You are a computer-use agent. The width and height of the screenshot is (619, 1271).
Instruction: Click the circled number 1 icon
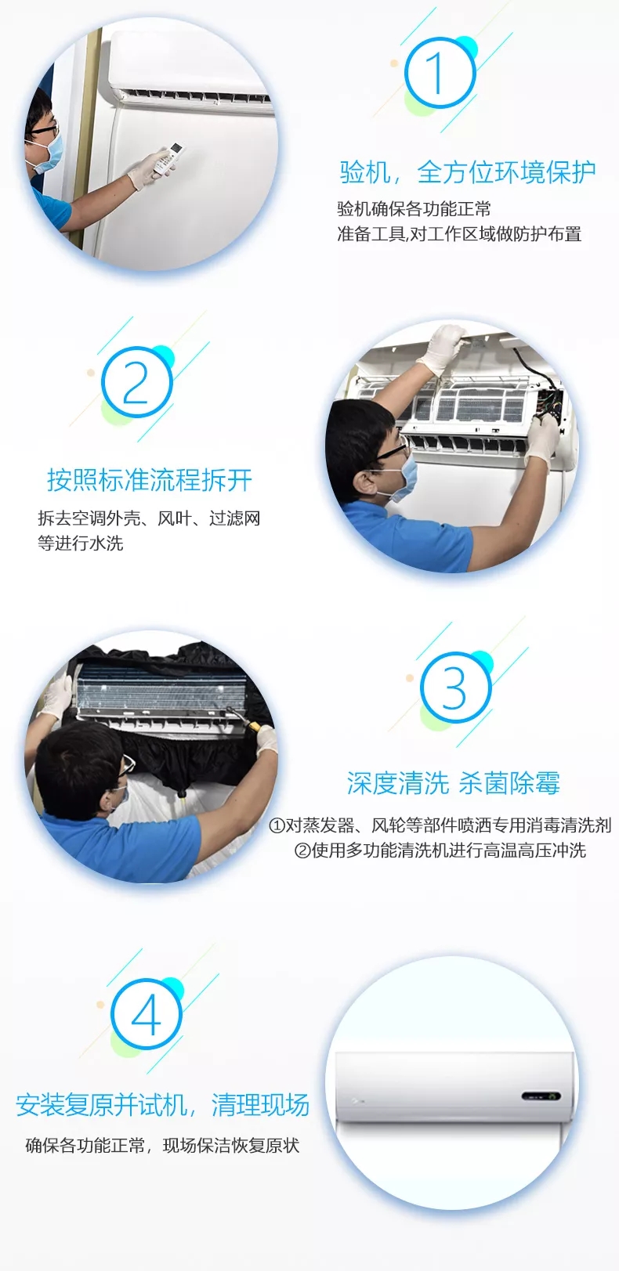click(440, 73)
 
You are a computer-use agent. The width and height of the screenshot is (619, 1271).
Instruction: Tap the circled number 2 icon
click(137, 383)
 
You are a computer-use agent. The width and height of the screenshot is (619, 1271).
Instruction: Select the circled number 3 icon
click(455, 688)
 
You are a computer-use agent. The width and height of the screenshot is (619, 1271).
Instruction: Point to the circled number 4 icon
click(147, 1015)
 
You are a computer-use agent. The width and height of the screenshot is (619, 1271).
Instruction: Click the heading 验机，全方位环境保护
click(467, 172)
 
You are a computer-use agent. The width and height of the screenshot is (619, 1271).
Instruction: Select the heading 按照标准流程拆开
click(150, 480)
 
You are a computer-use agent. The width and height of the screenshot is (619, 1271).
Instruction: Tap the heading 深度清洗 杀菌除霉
click(453, 783)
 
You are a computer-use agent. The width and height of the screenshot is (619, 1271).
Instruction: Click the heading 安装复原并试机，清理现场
click(162, 1105)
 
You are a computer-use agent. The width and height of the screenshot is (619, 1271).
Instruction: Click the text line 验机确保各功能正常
click(414, 209)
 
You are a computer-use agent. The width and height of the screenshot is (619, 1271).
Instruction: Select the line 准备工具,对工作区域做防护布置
click(459, 234)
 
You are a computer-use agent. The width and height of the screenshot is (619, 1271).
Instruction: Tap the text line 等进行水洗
click(81, 543)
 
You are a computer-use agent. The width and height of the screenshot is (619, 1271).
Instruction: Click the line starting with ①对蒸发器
click(440, 825)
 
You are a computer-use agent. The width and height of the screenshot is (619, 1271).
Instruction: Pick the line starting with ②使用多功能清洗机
click(440, 850)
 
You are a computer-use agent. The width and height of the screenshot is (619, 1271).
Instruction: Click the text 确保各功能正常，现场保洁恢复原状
click(162, 1146)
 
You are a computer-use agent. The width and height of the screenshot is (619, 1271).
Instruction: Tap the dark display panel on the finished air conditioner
click(541, 1096)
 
